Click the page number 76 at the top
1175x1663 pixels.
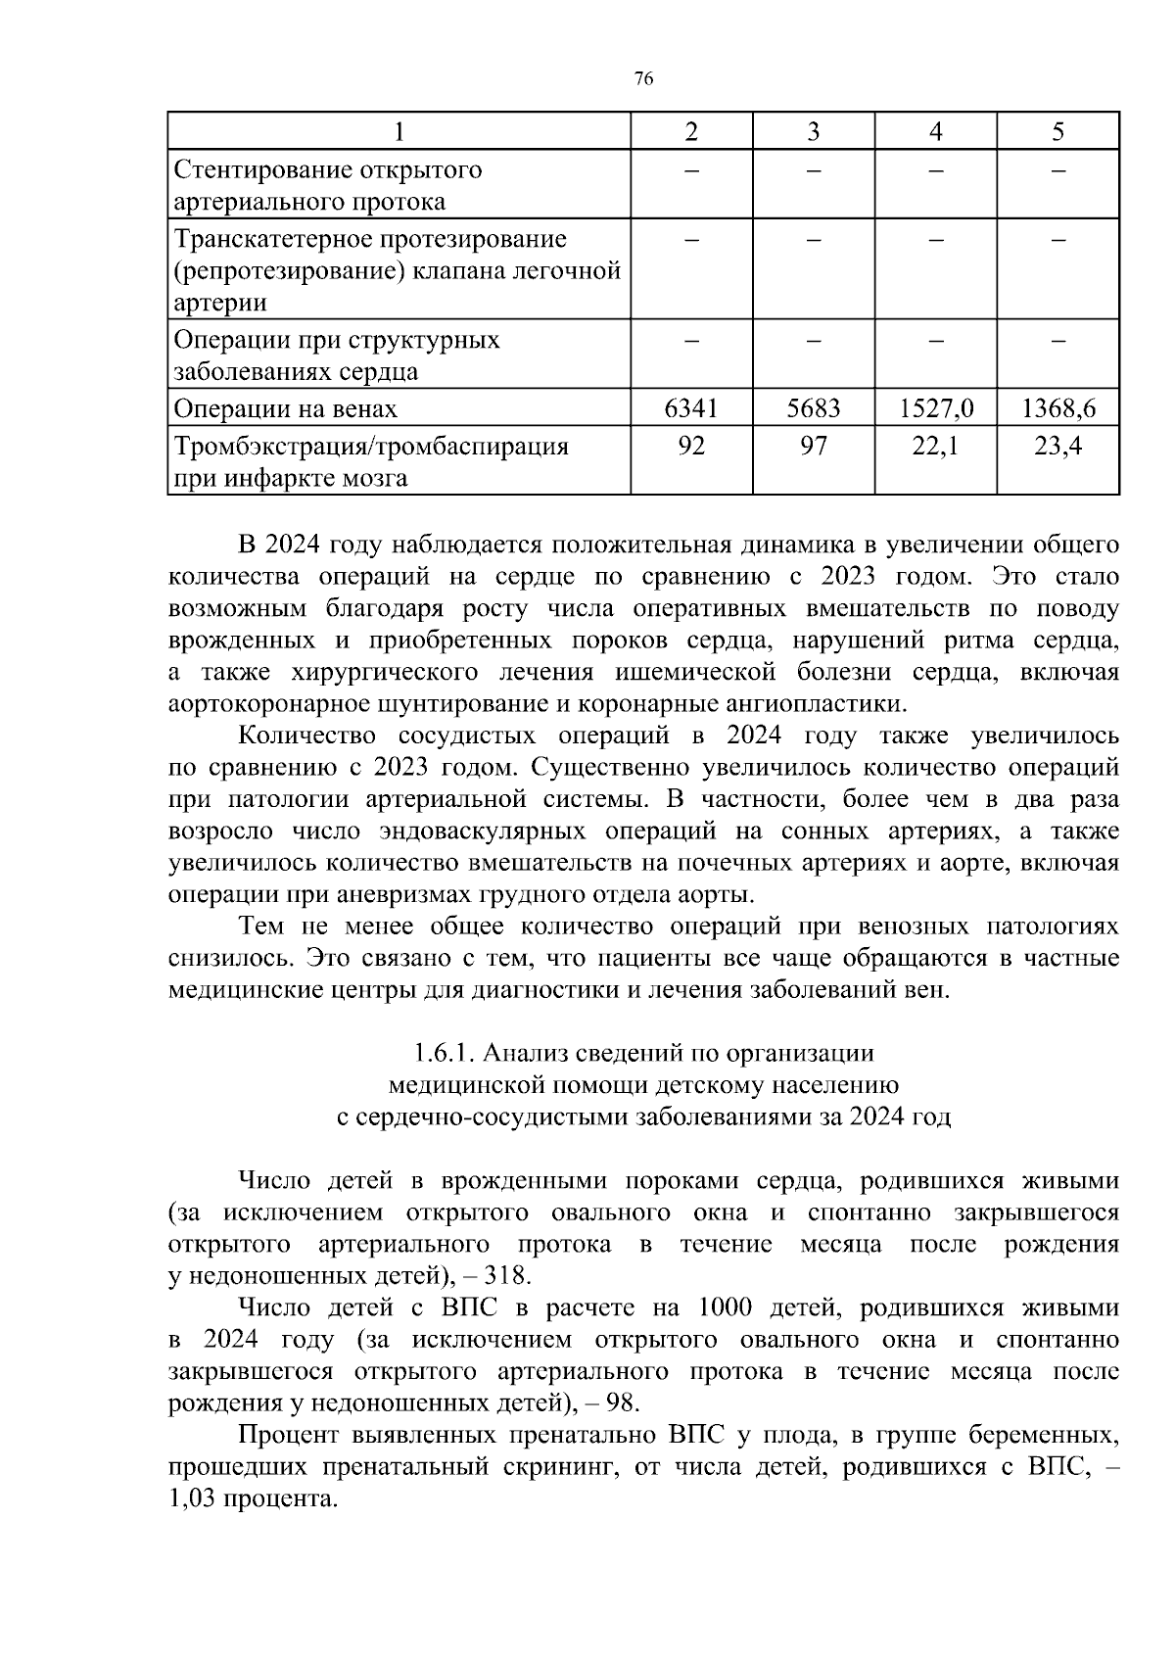pyautogui.click(x=643, y=79)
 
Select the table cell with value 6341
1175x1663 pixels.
pyautogui.click(x=691, y=408)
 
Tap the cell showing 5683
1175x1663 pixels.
pyautogui.click(x=814, y=408)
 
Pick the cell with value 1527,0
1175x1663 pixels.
pyautogui.click(x=936, y=408)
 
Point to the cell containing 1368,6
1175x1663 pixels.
pyautogui.click(x=1058, y=408)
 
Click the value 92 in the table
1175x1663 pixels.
pyautogui.click(x=691, y=447)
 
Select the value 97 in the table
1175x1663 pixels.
pyautogui.click(x=814, y=447)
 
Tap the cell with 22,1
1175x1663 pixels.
pyautogui.click(x=936, y=447)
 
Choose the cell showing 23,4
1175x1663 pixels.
pyautogui.click(x=1058, y=447)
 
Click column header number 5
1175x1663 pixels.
pyautogui.click(x=1058, y=132)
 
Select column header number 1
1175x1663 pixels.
pyautogui.click(x=399, y=132)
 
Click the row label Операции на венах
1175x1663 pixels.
pyautogui.click(x=286, y=408)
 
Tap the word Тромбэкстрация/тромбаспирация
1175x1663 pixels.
pyautogui.click(x=371, y=447)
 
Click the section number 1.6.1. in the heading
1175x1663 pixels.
pyautogui.click(x=444, y=1053)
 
